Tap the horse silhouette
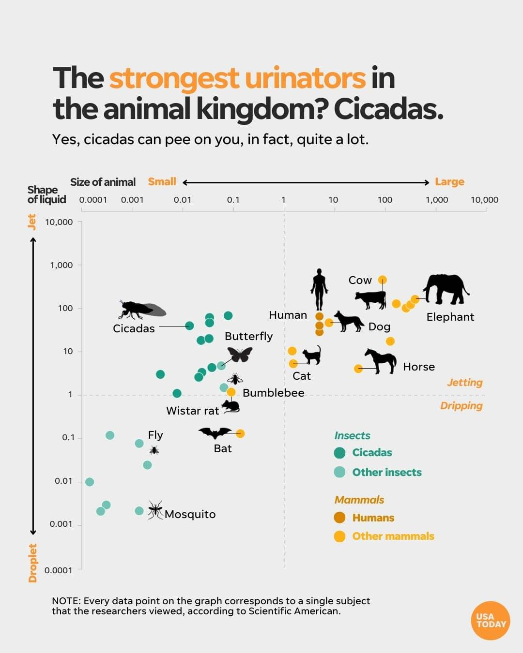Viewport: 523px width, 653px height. (x=381, y=361)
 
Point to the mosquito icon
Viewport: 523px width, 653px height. (x=155, y=510)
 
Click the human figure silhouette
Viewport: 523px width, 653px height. (x=319, y=289)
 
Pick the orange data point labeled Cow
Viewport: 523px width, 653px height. (x=383, y=280)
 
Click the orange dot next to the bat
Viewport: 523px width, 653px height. (x=240, y=433)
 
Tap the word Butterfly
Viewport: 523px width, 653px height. (x=248, y=336)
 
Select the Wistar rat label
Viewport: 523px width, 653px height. (x=192, y=411)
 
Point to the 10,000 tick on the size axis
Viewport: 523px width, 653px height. (x=484, y=200)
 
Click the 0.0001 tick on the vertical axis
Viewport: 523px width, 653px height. (x=58, y=570)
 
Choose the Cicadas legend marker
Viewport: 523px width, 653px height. (x=340, y=453)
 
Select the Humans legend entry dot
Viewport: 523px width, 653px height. (x=340, y=518)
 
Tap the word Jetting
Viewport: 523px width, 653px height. (x=464, y=383)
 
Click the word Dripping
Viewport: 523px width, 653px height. (x=461, y=406)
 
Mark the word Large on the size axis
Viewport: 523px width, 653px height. (x=449, y=182)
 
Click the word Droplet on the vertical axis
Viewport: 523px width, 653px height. (x=32, y=563)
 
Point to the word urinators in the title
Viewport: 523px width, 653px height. (x=305, y=78)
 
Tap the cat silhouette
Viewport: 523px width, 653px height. (x=312, y=355)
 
